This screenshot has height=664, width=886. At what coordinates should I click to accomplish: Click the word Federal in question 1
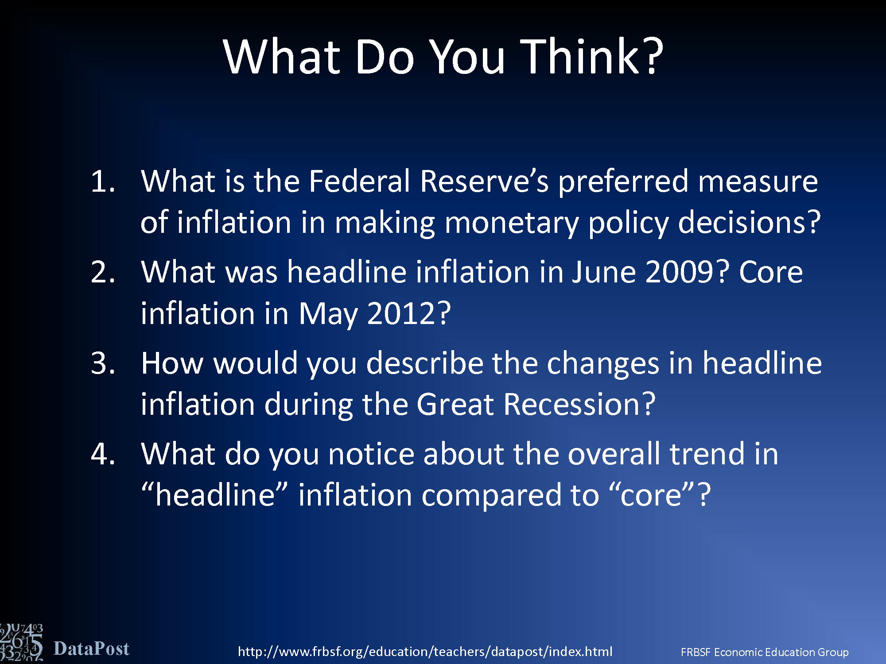tap(360, 181)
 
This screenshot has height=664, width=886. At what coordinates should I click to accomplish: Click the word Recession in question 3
tap(579, 404)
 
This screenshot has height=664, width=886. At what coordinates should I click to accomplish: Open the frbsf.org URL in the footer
tap(425, 652)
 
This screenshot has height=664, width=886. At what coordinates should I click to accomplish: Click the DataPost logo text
tap(91, 649)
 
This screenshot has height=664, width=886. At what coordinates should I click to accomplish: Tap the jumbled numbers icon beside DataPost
tap(21, 643)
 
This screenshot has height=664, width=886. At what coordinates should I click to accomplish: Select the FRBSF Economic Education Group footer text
tap(765, 652)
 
